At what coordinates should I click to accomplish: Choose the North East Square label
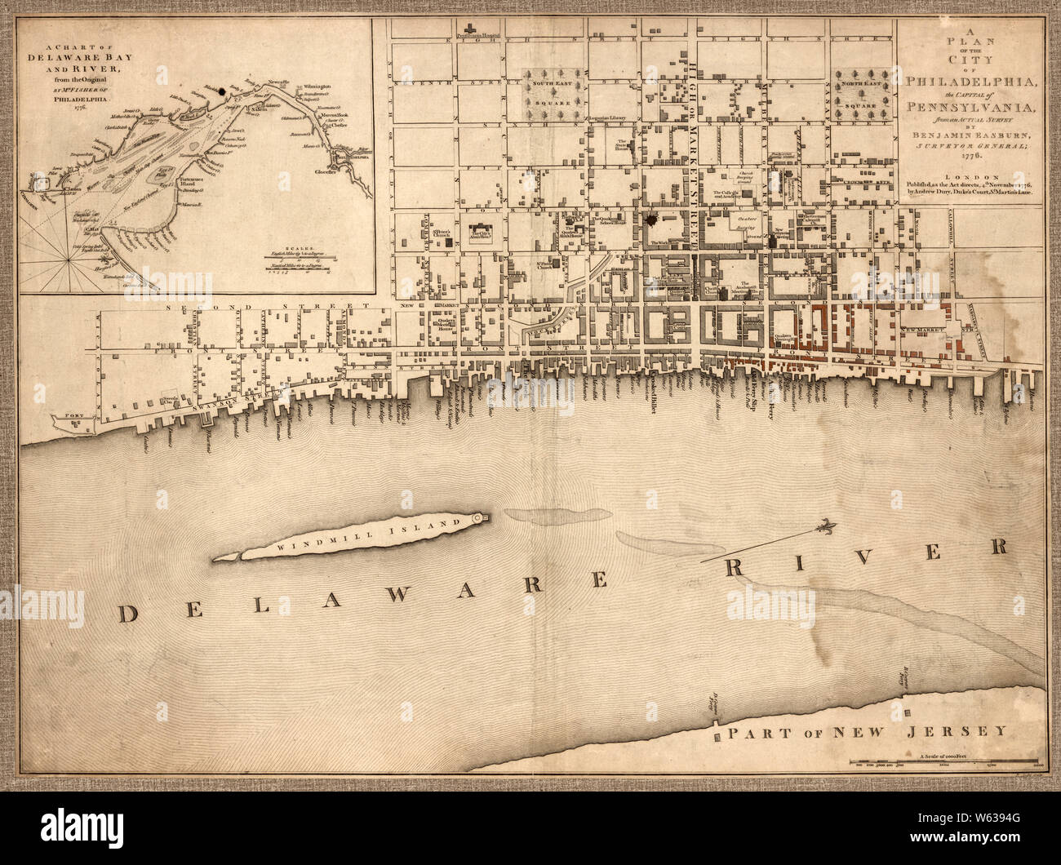coord(863,83)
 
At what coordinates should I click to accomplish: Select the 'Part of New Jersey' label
coord(868,731)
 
